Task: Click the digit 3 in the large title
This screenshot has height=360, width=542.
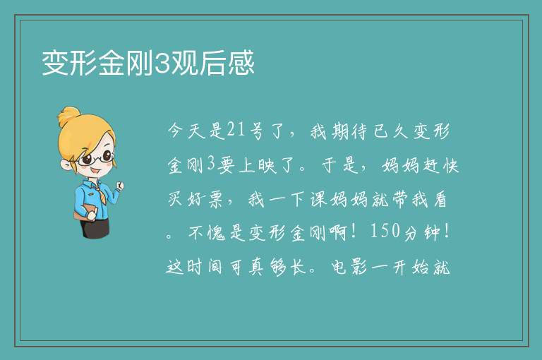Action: pyautogui.click(x=161, y=64)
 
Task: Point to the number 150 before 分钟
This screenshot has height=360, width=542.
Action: pyautogui.click(x=385, y=232)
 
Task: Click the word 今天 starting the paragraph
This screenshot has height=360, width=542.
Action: pyautogui.click(x=187, y=131)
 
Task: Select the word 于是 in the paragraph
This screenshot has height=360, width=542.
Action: pyautogui.click(x=340, y=165)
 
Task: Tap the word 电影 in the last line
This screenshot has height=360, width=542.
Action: pyautogui.click(x=349, y=267)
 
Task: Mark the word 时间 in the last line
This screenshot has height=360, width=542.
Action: pyautogui.click(x=204, y=267)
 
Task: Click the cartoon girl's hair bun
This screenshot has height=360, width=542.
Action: pyautogui.click(x=68, y=116)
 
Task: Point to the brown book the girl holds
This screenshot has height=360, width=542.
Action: pyautogui.click(x=84, y=212)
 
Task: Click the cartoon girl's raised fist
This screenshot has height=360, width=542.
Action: pyautogui.click(x=119, y=186)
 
